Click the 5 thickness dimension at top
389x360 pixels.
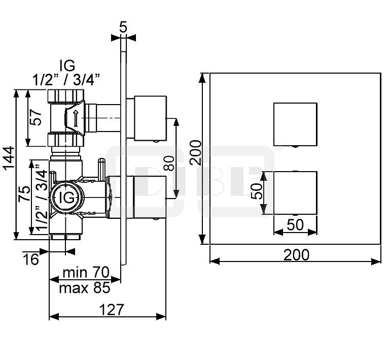(123, 27)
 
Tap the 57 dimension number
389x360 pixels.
(34, 117)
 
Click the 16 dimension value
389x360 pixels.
(31, 259)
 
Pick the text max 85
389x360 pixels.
(84, 288)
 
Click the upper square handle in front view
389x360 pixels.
(295, 123)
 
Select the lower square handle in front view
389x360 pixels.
(295, 192)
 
